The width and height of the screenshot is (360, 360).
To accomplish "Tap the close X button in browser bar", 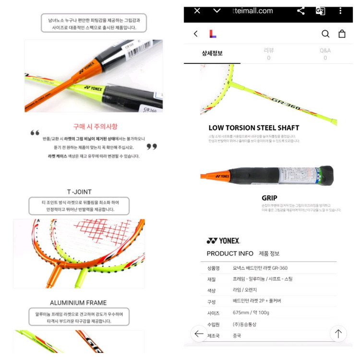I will [197, 11].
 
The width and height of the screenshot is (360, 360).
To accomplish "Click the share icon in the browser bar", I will [301, 11].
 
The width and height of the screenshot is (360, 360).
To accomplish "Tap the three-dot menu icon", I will [340, 11].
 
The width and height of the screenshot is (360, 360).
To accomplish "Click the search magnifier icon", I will [325, 34].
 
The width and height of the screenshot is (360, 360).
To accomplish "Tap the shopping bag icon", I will [342, 34].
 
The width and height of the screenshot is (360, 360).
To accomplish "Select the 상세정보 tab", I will [212, 53].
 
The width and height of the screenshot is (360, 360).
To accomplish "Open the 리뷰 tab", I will [268, 53].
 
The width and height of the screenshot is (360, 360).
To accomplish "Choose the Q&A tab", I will [325, 53].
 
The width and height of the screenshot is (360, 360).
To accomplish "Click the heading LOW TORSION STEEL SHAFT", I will [253, 128].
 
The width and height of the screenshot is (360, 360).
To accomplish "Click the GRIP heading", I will [269, 198].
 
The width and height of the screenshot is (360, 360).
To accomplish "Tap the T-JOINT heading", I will [79, 191].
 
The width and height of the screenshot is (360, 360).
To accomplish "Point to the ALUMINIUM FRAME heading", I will [78, 302].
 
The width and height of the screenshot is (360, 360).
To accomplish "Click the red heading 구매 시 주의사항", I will [95, 127].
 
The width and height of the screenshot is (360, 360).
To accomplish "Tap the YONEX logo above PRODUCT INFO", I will [223, 240].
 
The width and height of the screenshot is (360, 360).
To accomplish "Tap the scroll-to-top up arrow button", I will [338, 334].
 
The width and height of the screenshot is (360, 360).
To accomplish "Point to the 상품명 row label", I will [213, 268].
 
